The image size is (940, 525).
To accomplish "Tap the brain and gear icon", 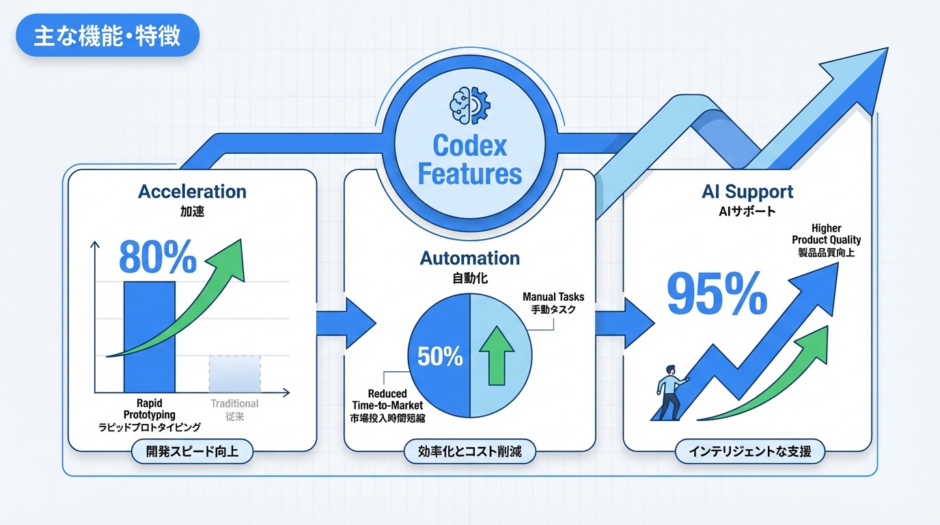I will tap(469, 105).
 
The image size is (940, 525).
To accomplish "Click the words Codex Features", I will tap(469, 160).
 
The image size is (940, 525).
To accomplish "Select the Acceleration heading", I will tap(192, 191).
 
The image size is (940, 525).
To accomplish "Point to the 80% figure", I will tap(158, 257).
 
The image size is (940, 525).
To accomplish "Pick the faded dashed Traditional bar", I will tap(234, 373).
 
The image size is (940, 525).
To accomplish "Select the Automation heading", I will tap(469, 258).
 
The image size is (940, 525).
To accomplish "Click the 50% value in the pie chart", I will tap(440, 357).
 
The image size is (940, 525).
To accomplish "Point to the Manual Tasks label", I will tap(553, 303).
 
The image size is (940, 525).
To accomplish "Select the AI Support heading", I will tap(747, 191).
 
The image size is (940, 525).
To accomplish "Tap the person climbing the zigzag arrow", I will tap(669, 392).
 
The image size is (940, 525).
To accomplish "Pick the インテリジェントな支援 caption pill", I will tap(749, 451).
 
